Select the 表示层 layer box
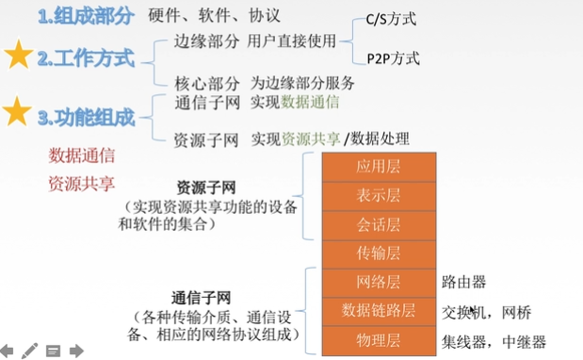tap(378, 196)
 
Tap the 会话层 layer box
tap(378, 224)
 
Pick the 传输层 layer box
tap(378, 253)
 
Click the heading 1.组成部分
tap(86, 16)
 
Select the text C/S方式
tap(390, 20)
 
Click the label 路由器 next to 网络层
tap(463, 281)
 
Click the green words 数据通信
tap(311, 102)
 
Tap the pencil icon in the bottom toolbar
tap(31, 351)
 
